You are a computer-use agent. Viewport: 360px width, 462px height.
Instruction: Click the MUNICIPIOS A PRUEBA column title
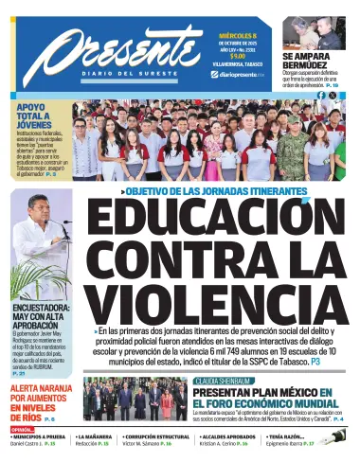pos(39,436)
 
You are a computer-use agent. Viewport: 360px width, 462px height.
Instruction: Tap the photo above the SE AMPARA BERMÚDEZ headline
pos(322,28)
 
